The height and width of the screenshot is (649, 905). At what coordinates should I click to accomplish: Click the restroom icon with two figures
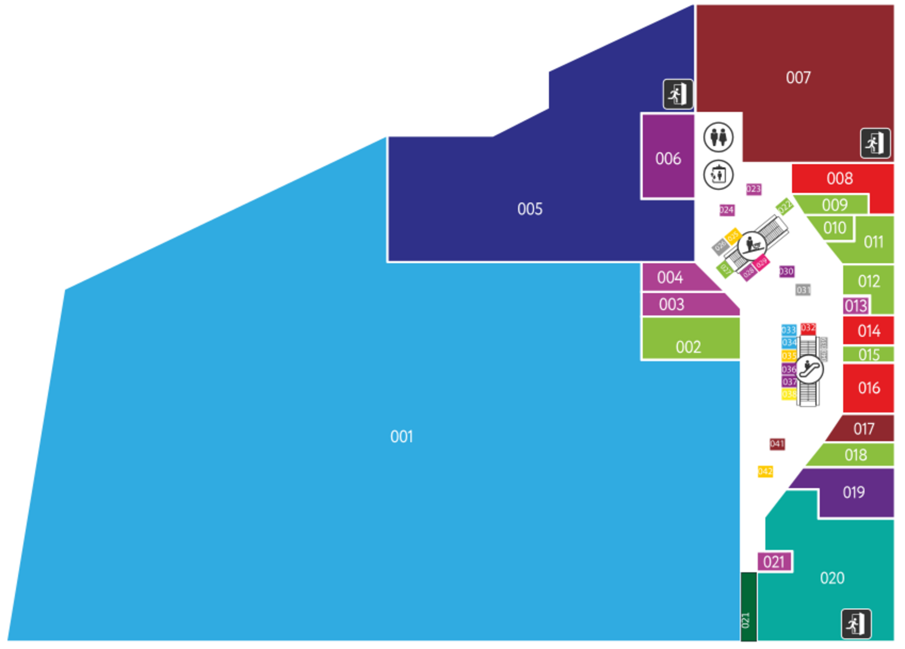[718, 137]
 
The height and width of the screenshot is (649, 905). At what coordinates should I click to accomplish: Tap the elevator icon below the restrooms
[718, 174]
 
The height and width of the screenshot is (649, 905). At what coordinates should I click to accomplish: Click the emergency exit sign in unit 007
[875, 143]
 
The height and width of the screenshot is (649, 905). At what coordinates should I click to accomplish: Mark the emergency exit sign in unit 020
[856, 624]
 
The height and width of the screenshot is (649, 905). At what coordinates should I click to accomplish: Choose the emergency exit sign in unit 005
[678, 94]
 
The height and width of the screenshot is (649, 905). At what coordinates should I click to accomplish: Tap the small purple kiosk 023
[754, 189]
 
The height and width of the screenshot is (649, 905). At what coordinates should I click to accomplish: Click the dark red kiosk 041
[777, 444]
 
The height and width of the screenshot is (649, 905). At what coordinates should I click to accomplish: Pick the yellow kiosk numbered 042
[765, 472]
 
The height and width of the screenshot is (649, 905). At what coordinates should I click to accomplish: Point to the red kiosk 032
[808, 328]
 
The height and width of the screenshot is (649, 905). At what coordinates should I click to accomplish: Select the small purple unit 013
[856, 306]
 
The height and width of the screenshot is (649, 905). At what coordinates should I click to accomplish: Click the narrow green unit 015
[869, 354]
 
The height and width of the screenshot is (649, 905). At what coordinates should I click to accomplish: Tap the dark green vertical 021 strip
[749, 606]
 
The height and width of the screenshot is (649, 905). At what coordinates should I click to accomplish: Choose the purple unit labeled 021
[774, 562]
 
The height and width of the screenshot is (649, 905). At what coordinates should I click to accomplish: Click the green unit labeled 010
[834, 228]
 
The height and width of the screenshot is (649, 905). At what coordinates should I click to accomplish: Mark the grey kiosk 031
[803, 290]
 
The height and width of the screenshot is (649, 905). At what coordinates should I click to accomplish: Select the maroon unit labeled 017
[864, 429]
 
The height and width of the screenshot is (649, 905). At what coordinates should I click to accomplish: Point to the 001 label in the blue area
[402, 437]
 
